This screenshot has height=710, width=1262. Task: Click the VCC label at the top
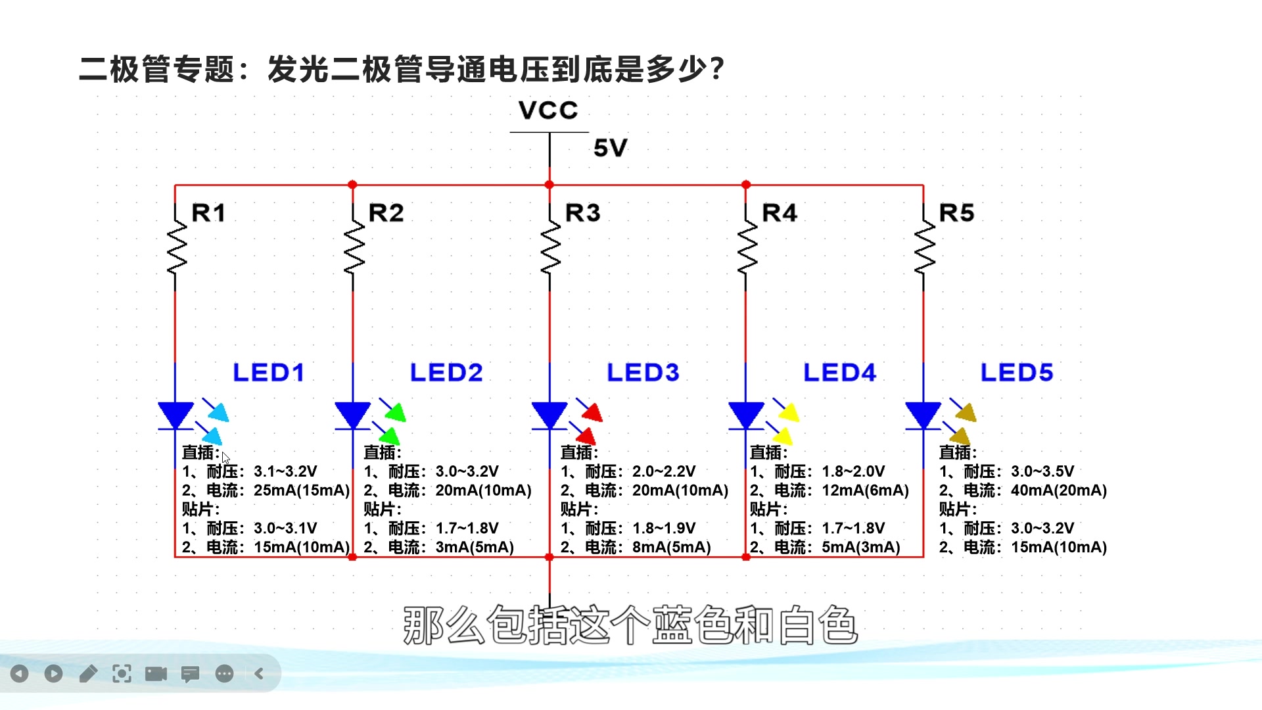pyautogui.click(x=548, y=110)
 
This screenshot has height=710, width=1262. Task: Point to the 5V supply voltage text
pyautogui.click(x=610, y=148)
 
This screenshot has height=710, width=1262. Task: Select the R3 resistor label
pyautogui.click(x=582, y=213)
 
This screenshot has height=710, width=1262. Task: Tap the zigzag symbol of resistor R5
pyautogui.click(x=924, y=247)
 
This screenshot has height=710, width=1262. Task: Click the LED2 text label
pyautogui.click(x=446, y=373)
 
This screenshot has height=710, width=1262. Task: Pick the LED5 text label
pyautogui.click(x=1016, y=373)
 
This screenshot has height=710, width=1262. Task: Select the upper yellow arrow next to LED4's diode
pyautogui.click(x=787, y=412)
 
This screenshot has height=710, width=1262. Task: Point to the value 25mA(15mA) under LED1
pyautogui.click(x=302, y=490)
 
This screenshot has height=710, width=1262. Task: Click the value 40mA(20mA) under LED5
pyautogui.click(x=1058, y=490)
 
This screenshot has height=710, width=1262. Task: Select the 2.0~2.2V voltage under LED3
pyautogui.click(x=663, y=471)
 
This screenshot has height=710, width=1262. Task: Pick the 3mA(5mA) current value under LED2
pyautogui.click(x=474, y=547)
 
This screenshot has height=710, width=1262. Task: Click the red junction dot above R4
pyautogui.click(x=746, y=185)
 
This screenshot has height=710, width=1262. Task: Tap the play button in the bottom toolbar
pyautogui.click(x=54, y=673)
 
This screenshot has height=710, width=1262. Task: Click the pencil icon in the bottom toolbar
pyautogui.click(x=88, y=673)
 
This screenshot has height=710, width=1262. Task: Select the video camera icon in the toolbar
pyautogui.click(x=156, y=673)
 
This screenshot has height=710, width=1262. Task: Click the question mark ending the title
pyautogui.click(x=717, y=69)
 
